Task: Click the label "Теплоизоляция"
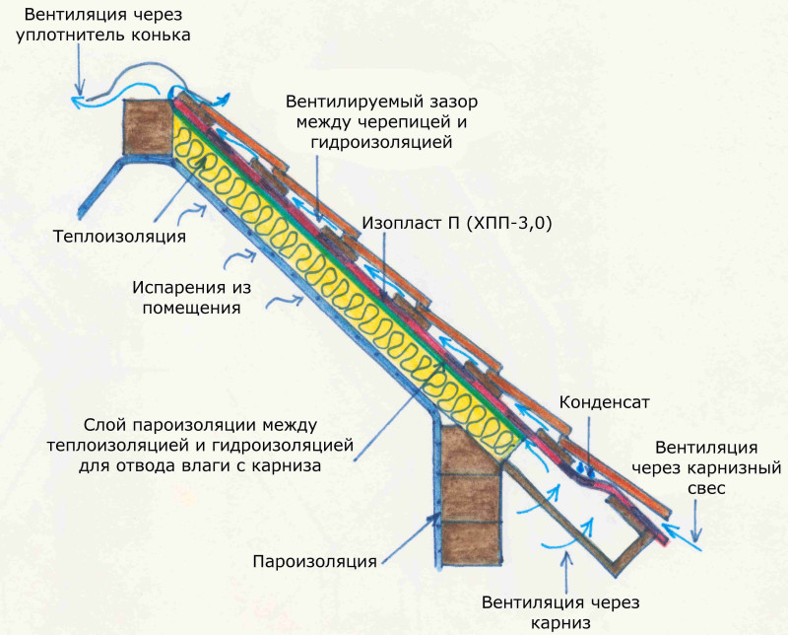[119, 236]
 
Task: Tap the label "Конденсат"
[604, 402]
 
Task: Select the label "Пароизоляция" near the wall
[314, 561]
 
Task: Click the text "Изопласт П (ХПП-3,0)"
[457, 223]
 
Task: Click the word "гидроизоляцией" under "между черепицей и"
[381, 142]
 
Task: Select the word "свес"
[706, 489]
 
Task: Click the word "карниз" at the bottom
[560, 623]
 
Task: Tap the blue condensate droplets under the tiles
[586, 469]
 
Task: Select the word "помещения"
[191, 308]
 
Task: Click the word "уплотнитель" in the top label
[71, 35]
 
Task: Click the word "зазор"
[452, 103]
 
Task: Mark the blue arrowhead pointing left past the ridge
[78, 101]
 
